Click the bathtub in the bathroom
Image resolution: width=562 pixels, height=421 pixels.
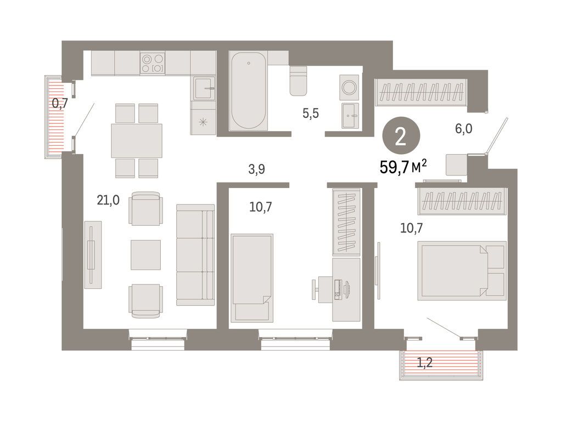[x=250, y=91]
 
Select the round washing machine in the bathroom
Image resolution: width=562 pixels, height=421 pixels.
[x=349, y=87]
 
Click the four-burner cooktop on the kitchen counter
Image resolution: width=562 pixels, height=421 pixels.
[x=152, y=62]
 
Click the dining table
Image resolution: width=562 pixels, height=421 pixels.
[x=137, y=141]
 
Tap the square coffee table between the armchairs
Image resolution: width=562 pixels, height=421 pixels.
[x=145, y=254]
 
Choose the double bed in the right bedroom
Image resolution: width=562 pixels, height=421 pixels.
[x=461, y=271]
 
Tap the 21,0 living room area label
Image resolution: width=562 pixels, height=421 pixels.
[x=108, y=201]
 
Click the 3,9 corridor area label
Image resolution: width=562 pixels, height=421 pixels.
[x=256, y=169]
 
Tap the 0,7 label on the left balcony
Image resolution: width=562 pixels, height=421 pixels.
[x=59, y=102]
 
